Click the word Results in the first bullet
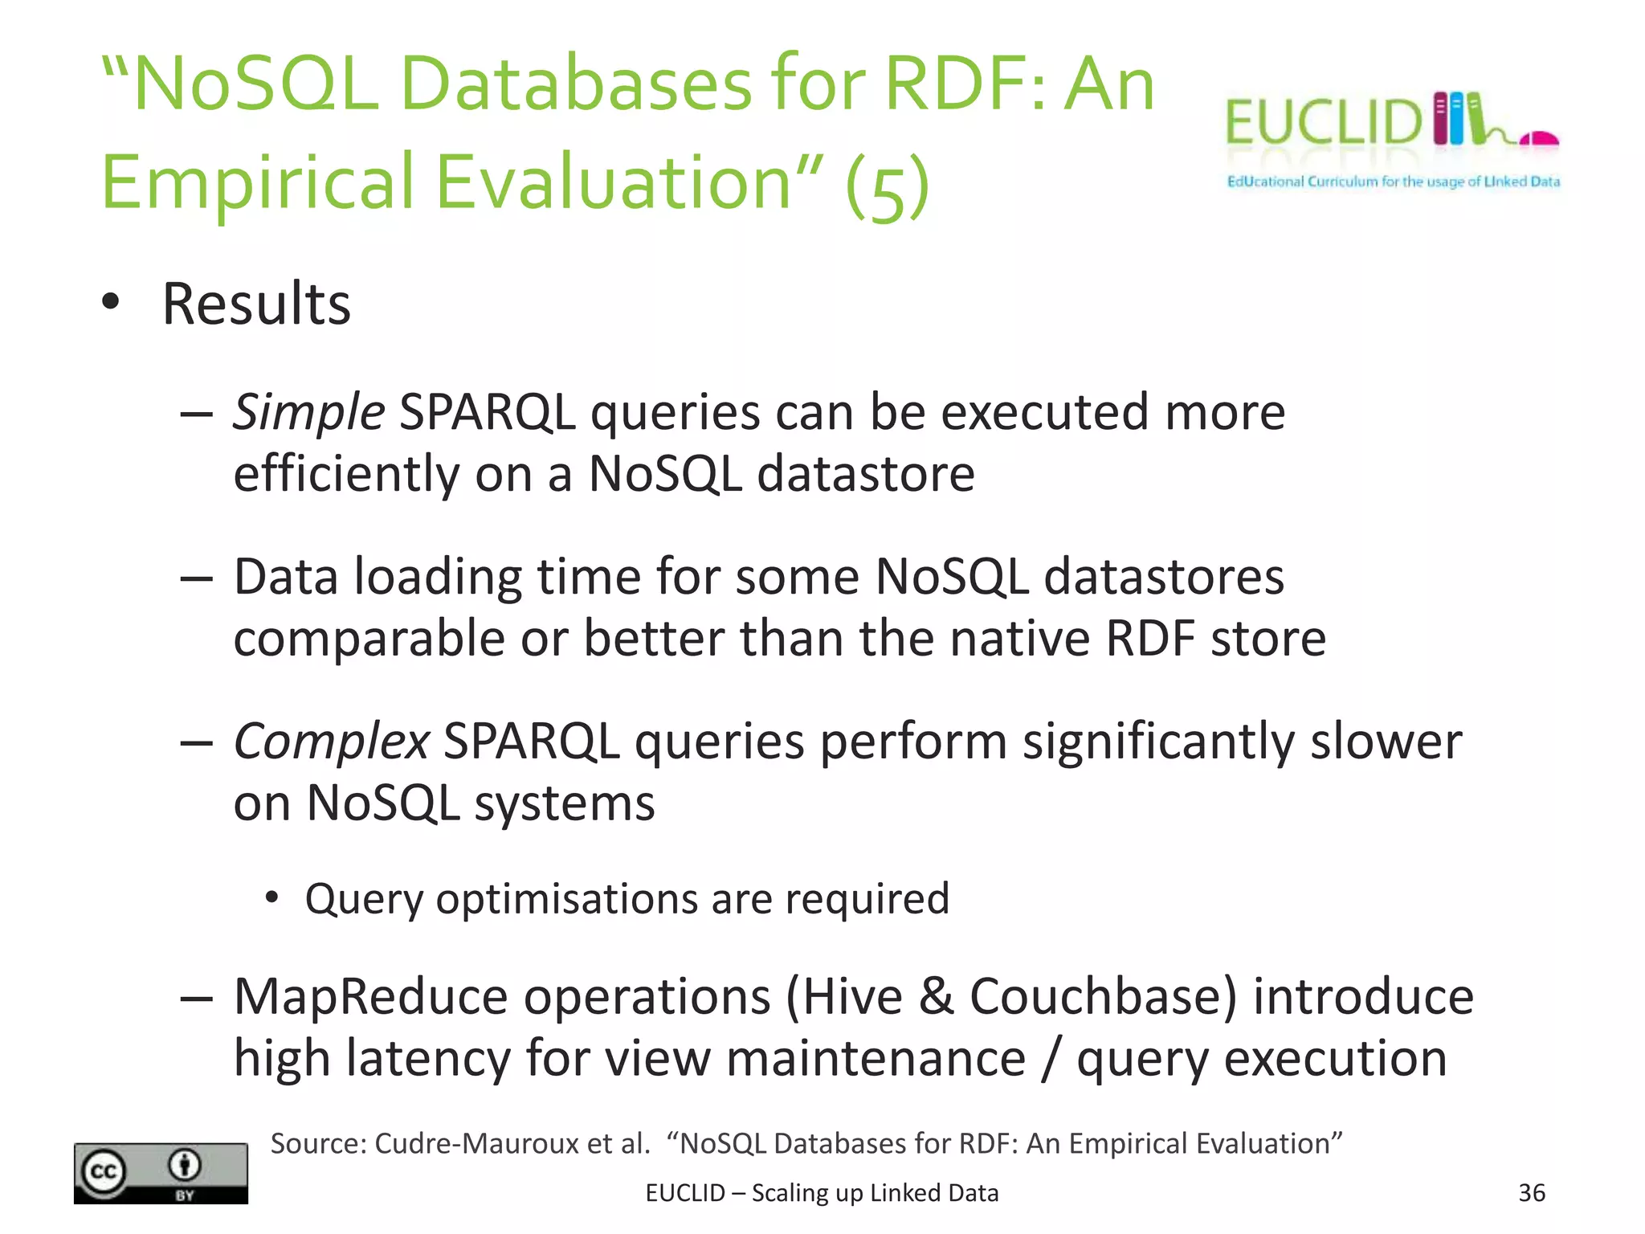(256, 304)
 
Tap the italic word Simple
(308, 413)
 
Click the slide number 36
(1531, 1192)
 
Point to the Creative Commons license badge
(161, 1173)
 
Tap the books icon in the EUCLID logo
(1458, 119)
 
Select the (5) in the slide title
(887, 186)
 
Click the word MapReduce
(370, 998)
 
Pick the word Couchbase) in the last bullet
(1103, 998)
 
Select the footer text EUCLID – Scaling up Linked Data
(822, 1193)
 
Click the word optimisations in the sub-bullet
(566, 899)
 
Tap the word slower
(1386, 741)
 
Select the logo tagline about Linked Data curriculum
(1393, 182)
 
